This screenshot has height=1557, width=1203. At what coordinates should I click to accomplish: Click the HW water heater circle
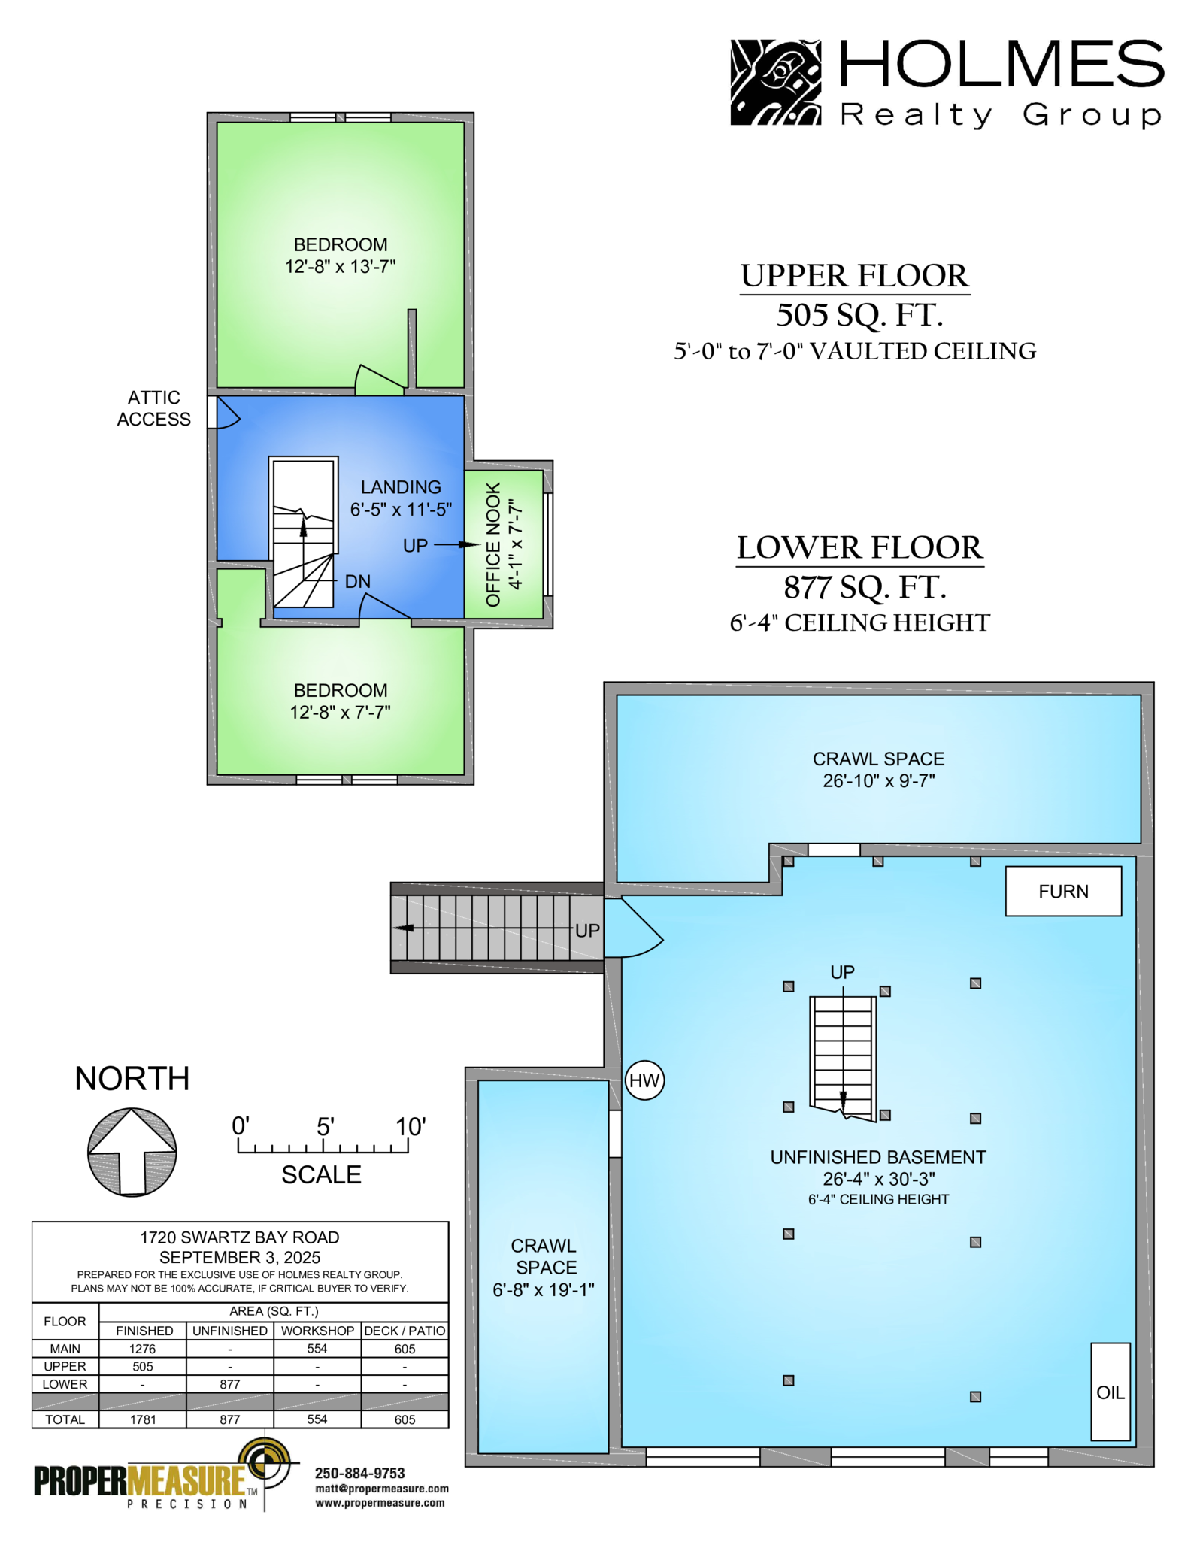tap(644, 1080)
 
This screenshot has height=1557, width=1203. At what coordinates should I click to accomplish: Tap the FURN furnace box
tap(1063, 891)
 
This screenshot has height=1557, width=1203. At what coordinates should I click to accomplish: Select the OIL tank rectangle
tap(1111, 1392)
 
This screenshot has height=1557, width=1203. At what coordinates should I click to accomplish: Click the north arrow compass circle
tap(132, 1152)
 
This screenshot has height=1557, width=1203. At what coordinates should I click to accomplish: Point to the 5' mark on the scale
tap(325, 1126)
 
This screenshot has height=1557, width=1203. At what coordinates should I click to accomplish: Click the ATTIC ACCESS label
tap(153, 408)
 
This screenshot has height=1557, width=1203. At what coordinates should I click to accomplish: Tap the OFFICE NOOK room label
tap(493, 544)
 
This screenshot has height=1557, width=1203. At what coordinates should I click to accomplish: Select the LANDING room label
tap(401, 487)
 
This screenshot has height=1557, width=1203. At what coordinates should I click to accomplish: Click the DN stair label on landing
tap(358, 581)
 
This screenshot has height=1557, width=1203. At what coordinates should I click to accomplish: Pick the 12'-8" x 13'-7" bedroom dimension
tap(341, 266)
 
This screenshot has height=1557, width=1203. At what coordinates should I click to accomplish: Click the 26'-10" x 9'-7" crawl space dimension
tap(878, 780)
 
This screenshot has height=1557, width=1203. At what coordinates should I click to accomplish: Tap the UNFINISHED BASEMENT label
tap(878, 1157)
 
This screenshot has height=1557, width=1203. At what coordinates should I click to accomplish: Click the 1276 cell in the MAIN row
tap(143, 1349)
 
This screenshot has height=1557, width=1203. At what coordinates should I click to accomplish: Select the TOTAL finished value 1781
tap(143, 1419)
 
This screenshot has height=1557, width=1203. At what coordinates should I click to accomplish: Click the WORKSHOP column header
tap(317, 1331)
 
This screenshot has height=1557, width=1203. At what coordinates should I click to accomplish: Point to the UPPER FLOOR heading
tap(855, 276)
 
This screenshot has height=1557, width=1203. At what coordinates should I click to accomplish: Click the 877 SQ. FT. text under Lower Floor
tap(865, 587)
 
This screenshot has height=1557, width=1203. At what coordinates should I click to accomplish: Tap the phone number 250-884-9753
tap(359, 1474)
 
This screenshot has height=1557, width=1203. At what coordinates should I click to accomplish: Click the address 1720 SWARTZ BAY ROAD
tap(240, 1237)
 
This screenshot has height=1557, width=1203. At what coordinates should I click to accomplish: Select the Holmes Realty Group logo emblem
tap(775, 82)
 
